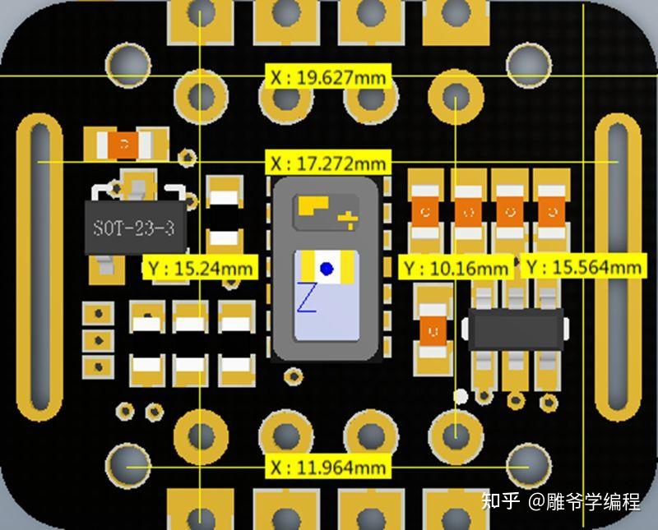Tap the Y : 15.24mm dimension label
[x=201, y=268]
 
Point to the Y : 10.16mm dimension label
[x=455, y=268]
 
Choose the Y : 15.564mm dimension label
[x=583, y=268]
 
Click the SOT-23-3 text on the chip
[x=134, y=228]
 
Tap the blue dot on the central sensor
[x=327, y=268]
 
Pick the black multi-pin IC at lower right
[x=515, y=329]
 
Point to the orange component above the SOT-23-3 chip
[x=124, y=145]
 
